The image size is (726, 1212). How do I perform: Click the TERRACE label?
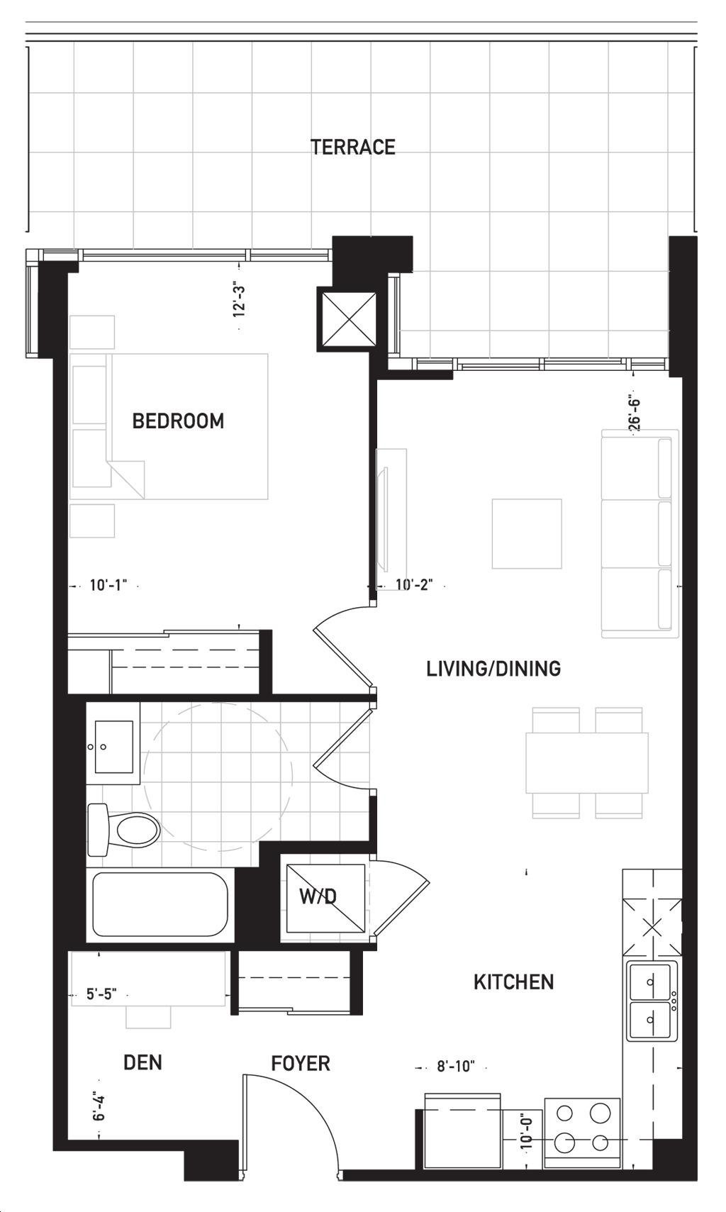click(353, 148)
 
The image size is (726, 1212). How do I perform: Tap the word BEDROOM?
click(179, 421)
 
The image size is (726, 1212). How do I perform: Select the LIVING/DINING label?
click(493, 669)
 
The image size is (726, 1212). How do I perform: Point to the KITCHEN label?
click(513, 982)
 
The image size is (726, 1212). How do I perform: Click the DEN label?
click(143, 1062)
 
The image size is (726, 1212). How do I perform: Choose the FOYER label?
click(301, 1063)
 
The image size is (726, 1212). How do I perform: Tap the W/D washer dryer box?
click(325, 898)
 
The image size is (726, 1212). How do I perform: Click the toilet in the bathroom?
click(124, 830)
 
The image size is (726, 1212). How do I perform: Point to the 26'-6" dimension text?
click(634, 415)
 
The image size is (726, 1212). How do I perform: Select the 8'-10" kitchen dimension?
click(456, 1067)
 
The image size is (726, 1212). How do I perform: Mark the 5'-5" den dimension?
click(101, 994)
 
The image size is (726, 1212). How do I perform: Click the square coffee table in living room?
click(527, 534)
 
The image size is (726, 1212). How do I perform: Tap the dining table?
click(587, 763)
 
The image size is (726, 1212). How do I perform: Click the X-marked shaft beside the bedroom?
click(346, 318)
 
